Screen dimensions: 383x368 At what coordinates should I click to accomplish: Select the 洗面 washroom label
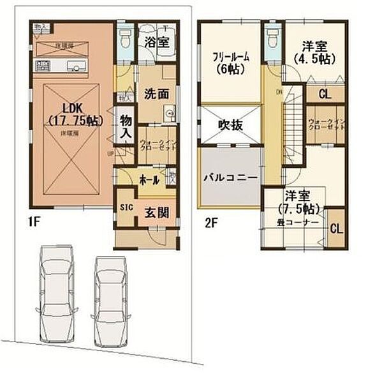tap(156, 93)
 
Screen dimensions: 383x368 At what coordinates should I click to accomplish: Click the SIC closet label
tap(125, 207)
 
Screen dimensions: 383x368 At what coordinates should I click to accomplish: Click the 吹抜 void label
tap(230, 125)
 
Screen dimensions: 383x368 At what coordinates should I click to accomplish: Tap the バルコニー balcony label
tap(230, 177)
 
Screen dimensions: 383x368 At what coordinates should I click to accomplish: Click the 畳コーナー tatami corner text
tap(297, 222)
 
